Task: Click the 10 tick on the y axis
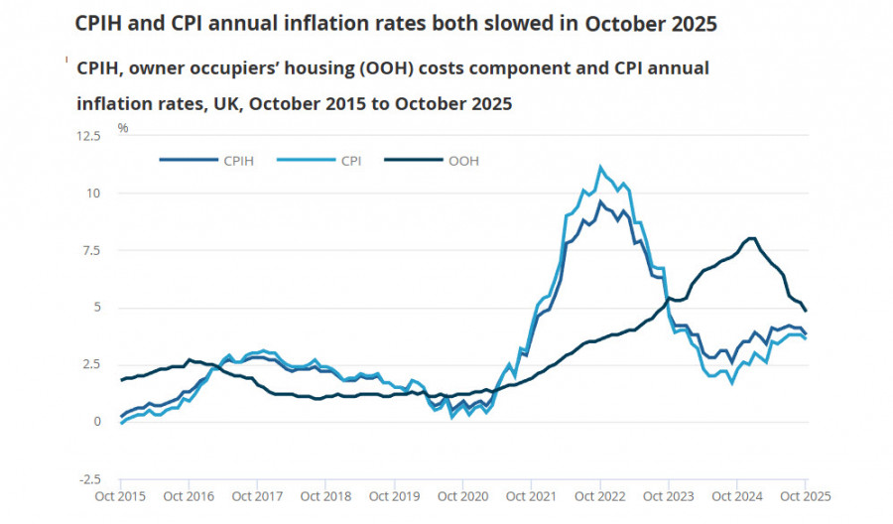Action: click(94, 193)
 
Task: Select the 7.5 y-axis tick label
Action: click(92, 250)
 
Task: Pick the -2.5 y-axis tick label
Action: click(90, 478)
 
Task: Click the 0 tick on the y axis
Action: click(97, 422)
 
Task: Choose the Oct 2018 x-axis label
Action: click(325, 495)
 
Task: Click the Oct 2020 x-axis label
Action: click(462, 495)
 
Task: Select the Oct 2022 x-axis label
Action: click(599, 495)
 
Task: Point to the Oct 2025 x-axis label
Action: click(805, 495)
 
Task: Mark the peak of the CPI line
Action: click(599, 167)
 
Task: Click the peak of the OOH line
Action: click(751, 238)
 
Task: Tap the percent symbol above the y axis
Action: click(123, 128)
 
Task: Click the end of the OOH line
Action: click(806, 311)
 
